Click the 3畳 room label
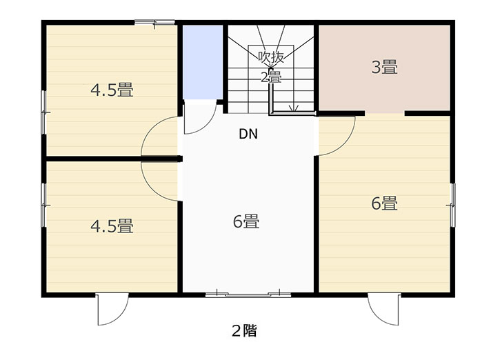[385, 68]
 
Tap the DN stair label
[248, 134]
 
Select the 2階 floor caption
[245, 330]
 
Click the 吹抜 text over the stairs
[271, 57]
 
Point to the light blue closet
[203, 62]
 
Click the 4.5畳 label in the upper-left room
[112, 90]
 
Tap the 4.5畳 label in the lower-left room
[112, 226]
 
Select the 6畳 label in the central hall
[246, 221]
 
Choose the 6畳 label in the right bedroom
[385, 203]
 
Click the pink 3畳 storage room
[385, 68]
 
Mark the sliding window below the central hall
[248, 294]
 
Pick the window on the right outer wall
[452, 205]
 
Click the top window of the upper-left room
[154, 22]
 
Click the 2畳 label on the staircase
[271, 77]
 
